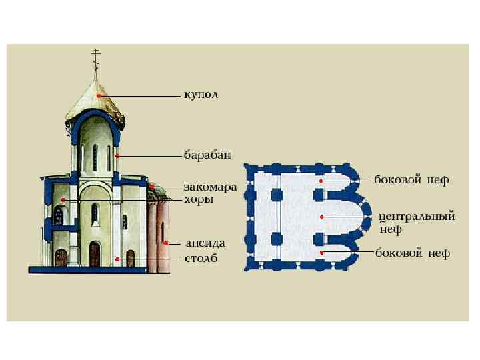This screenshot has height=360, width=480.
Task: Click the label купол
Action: coord(201,95)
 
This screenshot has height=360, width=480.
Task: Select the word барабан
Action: coord(207,155)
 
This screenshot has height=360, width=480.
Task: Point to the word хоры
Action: coord(199,199)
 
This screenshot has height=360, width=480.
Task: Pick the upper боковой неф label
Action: coord(412,180)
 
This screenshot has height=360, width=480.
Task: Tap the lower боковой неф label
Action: coord(412,253)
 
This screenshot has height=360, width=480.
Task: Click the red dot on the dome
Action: coord(99,96)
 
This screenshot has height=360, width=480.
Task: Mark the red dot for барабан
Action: coord(117,156)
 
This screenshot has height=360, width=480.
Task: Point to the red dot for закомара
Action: coord(152,186)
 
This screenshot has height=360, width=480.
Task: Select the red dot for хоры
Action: coord(63,199)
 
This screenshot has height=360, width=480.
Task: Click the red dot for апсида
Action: coord(166,243)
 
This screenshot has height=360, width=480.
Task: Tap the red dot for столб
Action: coord(117,259)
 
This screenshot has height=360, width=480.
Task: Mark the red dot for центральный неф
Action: coord(322,217)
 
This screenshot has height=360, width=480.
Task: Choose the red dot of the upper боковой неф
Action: coord(321,180)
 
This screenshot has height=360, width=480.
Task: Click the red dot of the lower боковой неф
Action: coord(321,253)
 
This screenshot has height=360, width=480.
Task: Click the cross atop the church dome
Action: coord(95,57)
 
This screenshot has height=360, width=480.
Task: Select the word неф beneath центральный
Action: coord(391,229)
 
